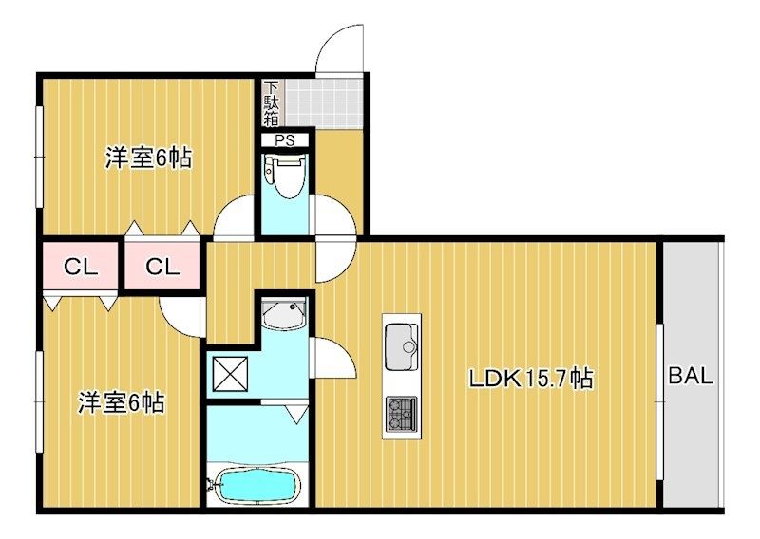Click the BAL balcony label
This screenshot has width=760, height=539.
tap(691, 376)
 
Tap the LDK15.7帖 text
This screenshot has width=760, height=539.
tap(531, 379)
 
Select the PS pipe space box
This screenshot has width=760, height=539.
tap(284, 140)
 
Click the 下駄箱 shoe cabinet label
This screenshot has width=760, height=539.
tap(272, 103)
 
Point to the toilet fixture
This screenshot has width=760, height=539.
tap(286, 177)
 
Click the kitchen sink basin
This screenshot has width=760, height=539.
tap(401, 346)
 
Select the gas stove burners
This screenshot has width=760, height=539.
tap(401, 414)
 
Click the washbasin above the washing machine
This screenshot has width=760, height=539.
tap(284, 314)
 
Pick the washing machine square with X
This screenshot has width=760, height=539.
tap(230, 374)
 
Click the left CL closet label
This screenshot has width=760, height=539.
tap(81, 267)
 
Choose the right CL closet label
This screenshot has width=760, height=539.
tap(162, 267)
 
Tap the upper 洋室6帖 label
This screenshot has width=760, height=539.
tap(149, 158)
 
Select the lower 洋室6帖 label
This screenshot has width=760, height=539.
tap(122, 402)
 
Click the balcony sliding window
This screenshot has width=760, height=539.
tap(659, 402)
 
